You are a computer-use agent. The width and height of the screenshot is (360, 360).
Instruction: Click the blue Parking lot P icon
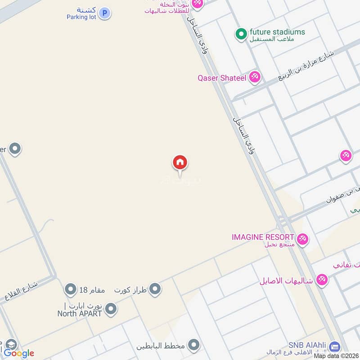105,13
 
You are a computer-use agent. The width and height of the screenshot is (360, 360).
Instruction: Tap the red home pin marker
180,163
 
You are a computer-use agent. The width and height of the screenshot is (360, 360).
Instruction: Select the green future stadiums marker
241,33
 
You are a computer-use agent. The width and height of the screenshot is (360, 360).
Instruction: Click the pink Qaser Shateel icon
255,77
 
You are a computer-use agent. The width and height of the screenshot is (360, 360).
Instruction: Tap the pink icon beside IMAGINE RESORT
302,239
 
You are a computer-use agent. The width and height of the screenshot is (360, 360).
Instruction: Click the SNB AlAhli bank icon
334,347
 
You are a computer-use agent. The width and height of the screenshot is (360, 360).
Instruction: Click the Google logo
19,353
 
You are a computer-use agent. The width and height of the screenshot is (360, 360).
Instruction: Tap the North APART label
80,314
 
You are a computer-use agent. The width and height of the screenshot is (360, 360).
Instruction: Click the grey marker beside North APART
111,309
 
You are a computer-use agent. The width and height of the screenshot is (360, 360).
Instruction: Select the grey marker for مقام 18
70,288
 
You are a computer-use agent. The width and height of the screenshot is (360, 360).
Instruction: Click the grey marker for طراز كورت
155,289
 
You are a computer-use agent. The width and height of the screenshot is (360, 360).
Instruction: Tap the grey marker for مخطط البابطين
194,346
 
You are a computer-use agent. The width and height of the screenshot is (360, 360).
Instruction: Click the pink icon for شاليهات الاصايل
321,280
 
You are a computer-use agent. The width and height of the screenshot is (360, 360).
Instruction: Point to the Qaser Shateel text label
222,78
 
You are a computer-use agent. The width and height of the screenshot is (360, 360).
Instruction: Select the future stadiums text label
277,32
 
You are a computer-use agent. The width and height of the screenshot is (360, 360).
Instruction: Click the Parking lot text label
81,17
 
